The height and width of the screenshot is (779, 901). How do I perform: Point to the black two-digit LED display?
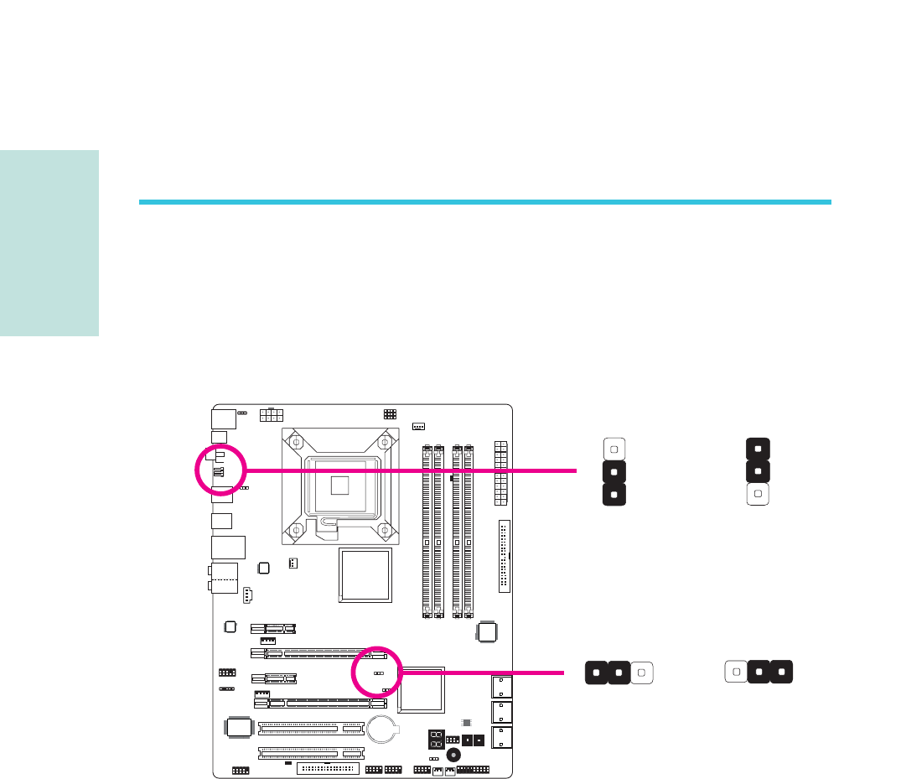click(436, 740)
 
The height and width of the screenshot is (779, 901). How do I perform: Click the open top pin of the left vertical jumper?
click(614, 449)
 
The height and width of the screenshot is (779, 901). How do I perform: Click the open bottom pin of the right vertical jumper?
click(757, 495)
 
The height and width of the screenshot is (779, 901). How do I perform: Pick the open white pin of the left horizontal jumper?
click(641, 673)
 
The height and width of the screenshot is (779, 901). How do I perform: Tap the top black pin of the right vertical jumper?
click(757, 448)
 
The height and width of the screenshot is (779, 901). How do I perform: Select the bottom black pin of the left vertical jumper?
click(614, 495)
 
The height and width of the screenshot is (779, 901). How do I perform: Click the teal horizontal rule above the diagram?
click(484, 202)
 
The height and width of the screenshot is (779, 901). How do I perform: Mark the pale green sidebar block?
click(49, 243)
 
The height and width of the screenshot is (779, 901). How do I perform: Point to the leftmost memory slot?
click(427, 531)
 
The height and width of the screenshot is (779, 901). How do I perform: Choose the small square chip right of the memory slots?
click(488, 633)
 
